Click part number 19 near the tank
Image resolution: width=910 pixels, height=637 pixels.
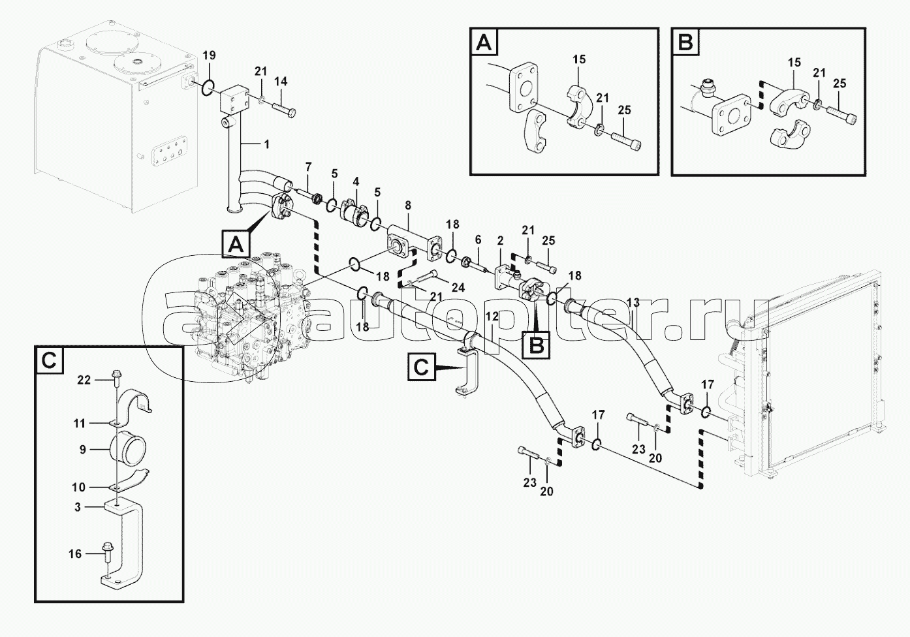208,55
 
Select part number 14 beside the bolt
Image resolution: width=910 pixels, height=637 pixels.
281,82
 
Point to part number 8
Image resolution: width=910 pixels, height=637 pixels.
408,206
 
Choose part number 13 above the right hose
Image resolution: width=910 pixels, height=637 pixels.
633,302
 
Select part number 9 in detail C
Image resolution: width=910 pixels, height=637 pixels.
83,449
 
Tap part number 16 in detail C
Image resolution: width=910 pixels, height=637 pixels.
75,554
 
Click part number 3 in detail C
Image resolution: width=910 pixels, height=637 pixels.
78,506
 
